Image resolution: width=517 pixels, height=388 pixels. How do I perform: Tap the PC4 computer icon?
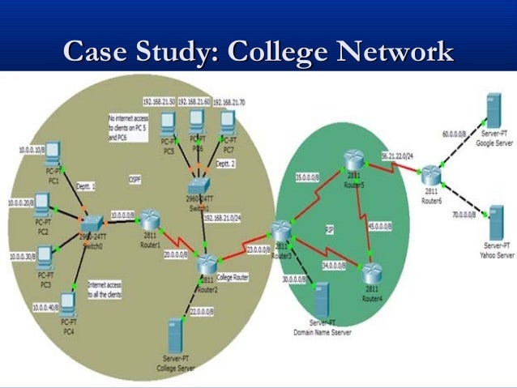69,304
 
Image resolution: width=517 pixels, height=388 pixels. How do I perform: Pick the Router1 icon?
150,220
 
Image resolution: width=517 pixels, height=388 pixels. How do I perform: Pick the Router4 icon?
372,271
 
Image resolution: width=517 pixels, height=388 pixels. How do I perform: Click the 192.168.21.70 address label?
229,103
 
